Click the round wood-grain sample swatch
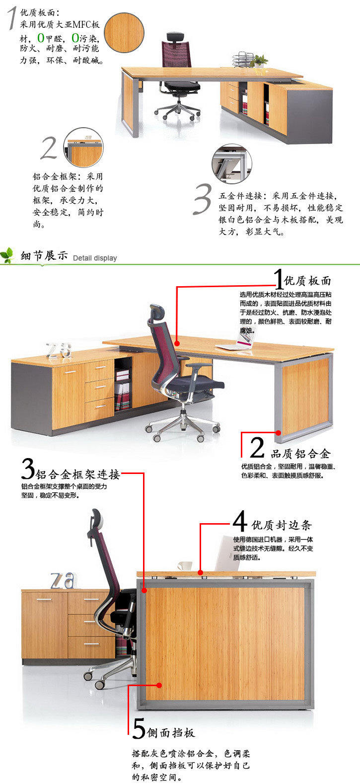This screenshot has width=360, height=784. pyautogui.click(x=124, y=33)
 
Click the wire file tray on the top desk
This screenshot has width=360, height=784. pyautogui.click(x=244, y=59)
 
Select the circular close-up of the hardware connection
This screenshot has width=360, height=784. pyautogui.click(x=231, y=163)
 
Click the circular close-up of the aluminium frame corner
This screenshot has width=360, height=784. pyautogui.click(x=83, y=148)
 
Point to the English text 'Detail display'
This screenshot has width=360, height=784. pyautogui.click(x=95, y=258)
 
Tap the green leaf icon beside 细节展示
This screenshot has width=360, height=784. pyautogui.click(x=8, y=255)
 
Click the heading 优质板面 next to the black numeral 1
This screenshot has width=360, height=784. pyautogui.click(x=307, y=281)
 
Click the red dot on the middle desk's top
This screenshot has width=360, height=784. pyautogui.click(x=177, y=344)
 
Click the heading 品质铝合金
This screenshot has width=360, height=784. pyautogui.click(x=300, y=454)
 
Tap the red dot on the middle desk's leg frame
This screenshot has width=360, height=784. pyautogui.click(x=278, y=433)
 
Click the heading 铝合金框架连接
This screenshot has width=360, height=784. pyautogui.click(x=77, y=474)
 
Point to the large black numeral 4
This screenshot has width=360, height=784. pyautogui.click(x=240, y=521)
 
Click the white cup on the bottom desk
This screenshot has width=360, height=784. pyautogui.click(x=185, y=566)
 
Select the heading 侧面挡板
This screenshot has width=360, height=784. pyautogui.click(x=171, y=732)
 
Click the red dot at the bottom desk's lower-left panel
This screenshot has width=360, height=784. pyautogui.click(x=159, y=685)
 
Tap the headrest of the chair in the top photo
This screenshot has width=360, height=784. pyautogui.click(x=175, y=36)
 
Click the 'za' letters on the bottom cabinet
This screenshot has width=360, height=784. pyautogui.click(x=64, y=581)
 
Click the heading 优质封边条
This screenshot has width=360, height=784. pyautogui.click(x=281, y=525)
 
